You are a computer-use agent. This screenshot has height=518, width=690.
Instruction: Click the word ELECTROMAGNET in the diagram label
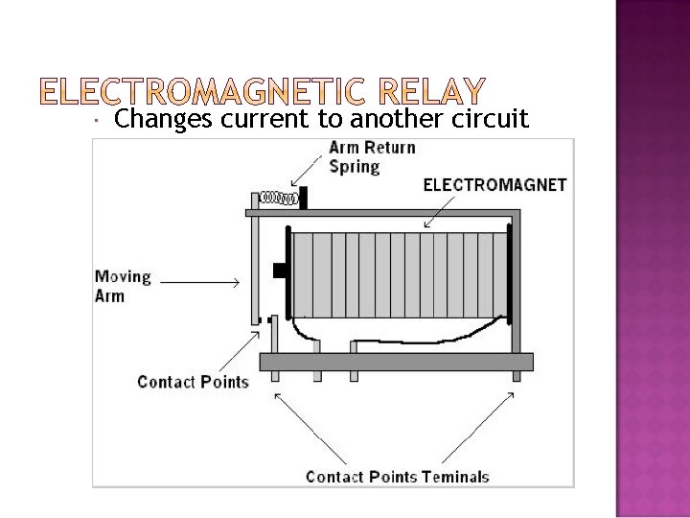pos(494,184)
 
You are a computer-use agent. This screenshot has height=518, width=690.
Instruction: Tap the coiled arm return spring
pos(280,199)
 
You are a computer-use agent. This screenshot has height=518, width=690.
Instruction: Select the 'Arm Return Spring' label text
pos(372,156)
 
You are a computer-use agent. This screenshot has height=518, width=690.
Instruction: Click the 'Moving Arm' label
pos(123,286)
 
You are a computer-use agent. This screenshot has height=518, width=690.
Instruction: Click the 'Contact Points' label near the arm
pos(193,382)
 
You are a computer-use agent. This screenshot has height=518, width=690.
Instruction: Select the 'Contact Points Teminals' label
pos(397,476)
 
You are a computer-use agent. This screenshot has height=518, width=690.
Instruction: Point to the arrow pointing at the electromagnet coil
pos(414,217)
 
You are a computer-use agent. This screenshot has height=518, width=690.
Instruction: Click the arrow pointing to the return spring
pos(310,175)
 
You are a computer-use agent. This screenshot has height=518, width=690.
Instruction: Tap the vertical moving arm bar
pos(255,269)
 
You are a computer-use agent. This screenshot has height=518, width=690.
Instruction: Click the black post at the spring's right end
pos(303,200)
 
